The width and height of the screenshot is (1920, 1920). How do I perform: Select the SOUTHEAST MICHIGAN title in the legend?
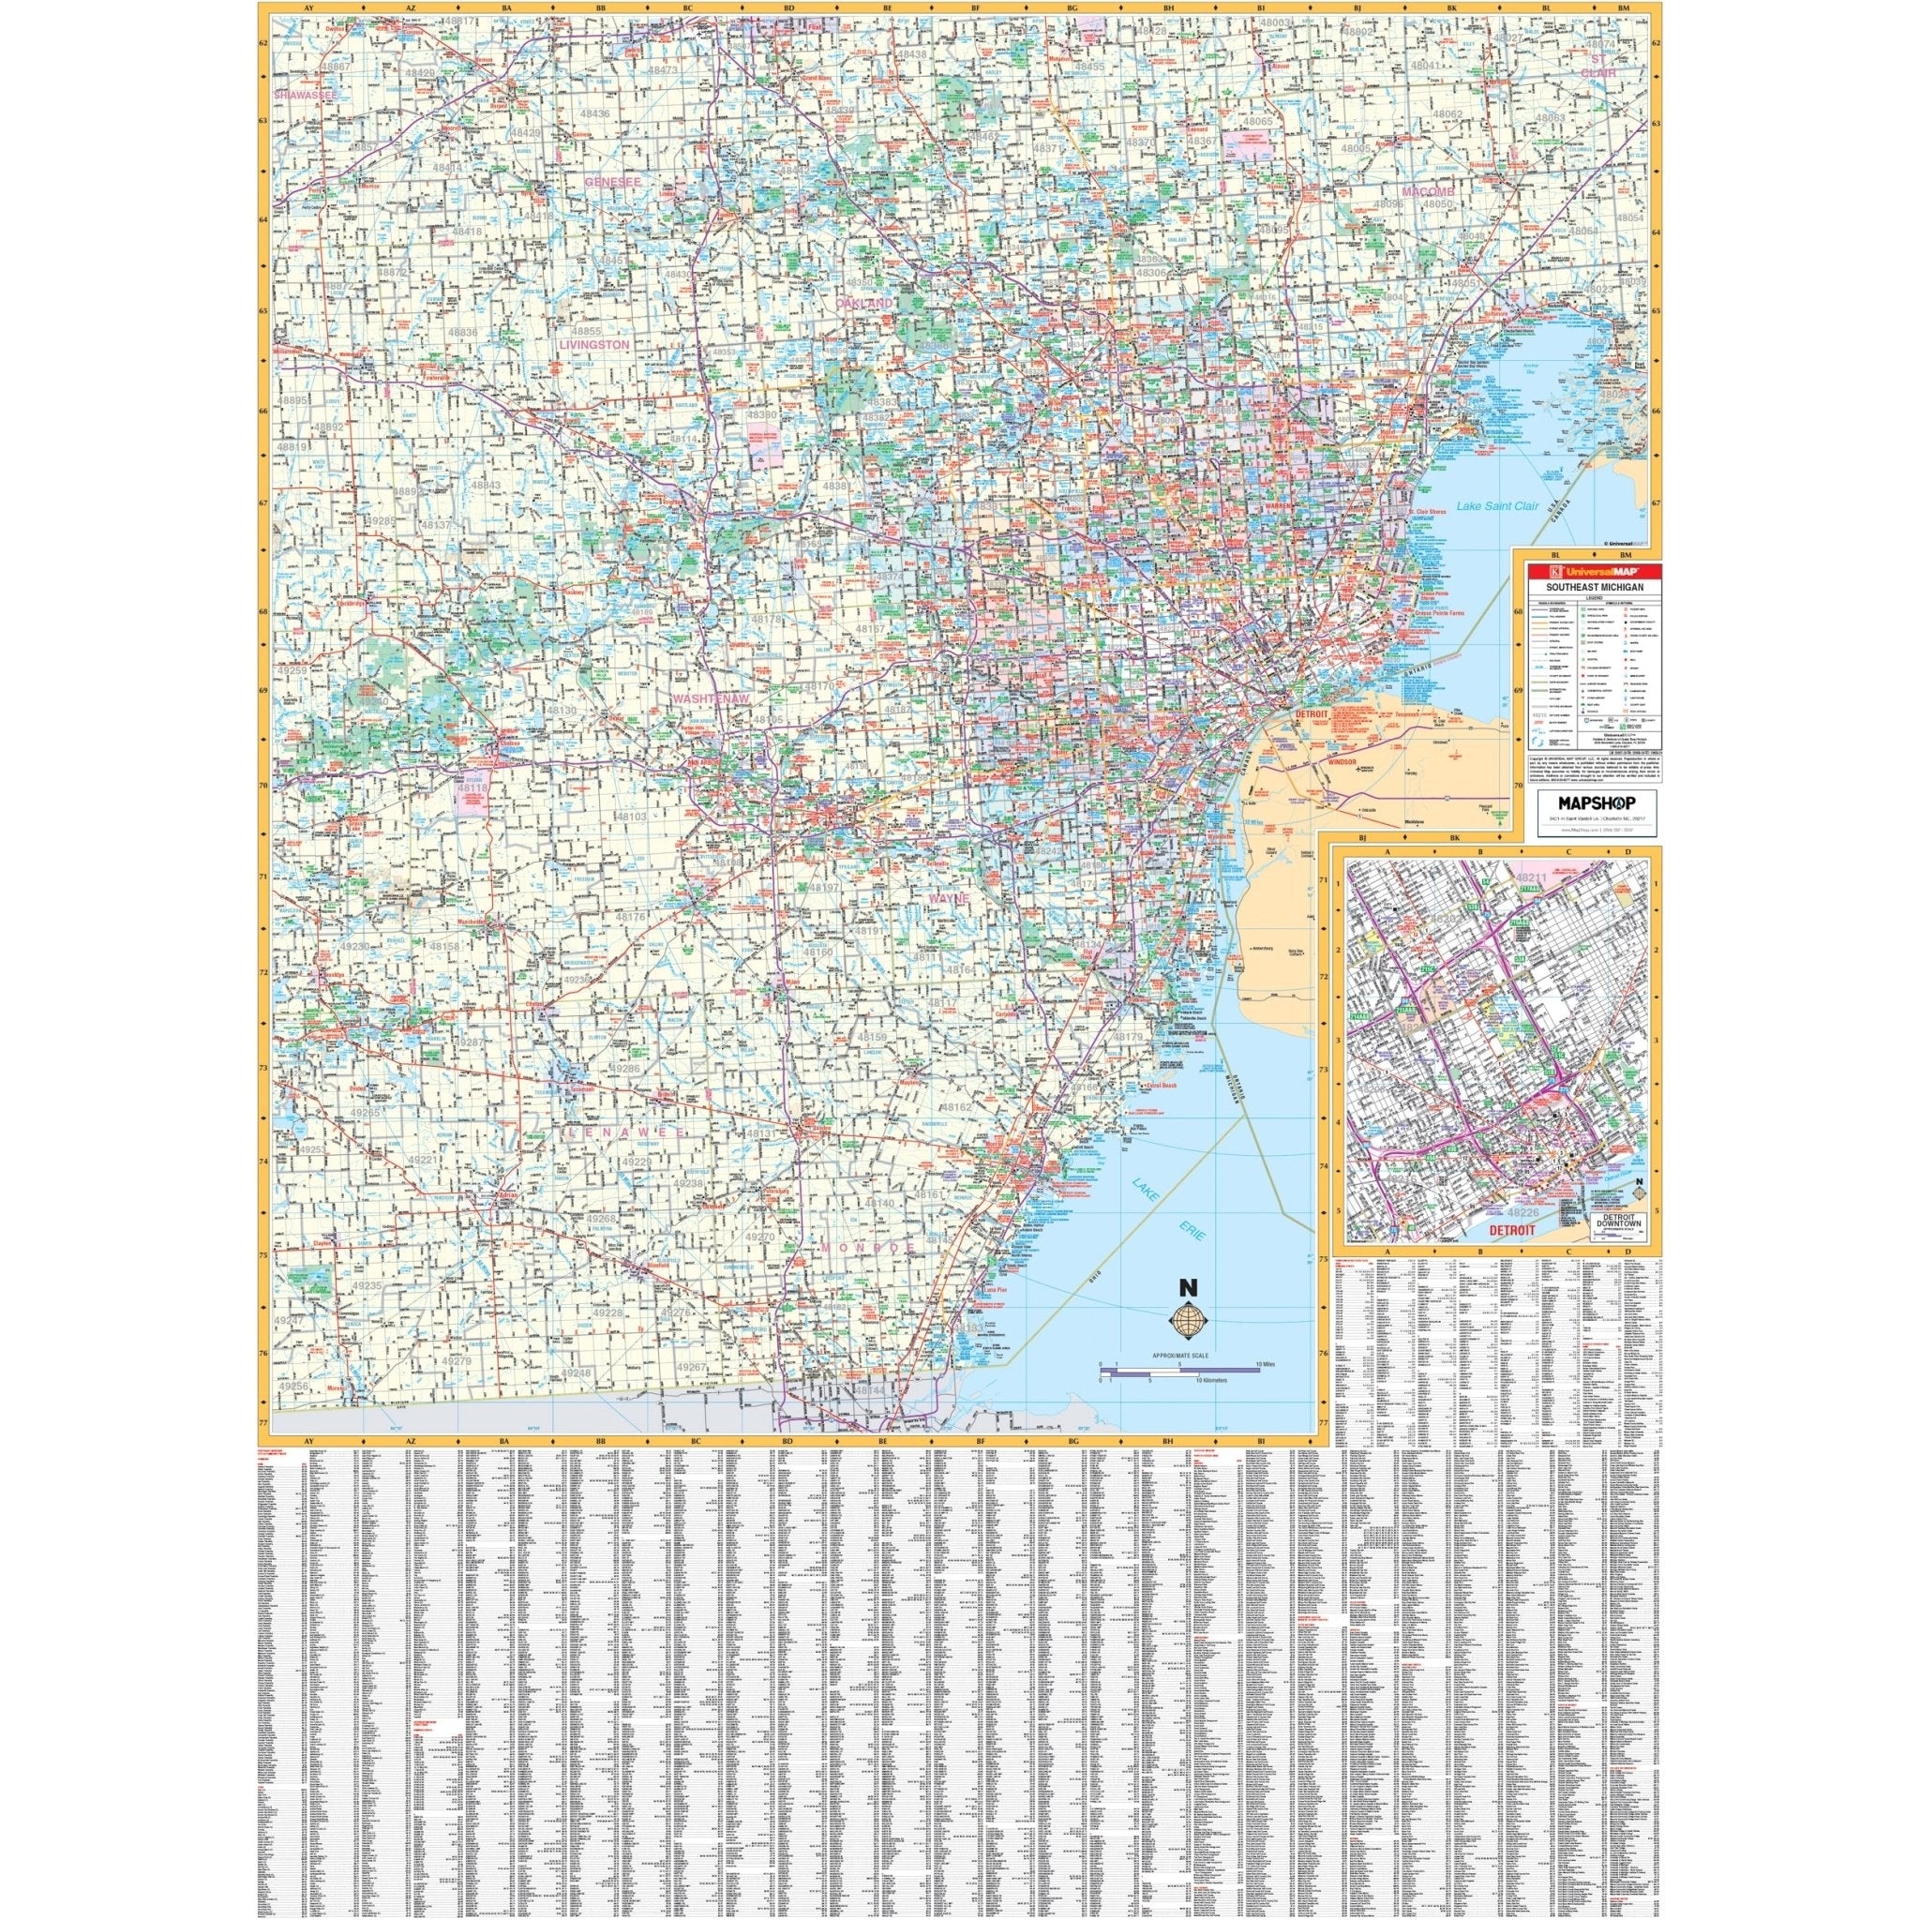(x=1587, y=587)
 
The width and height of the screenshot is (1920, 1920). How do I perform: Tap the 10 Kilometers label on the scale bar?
(x=1211, y=1381)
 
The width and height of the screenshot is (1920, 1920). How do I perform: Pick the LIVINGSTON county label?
(x=594, y=344)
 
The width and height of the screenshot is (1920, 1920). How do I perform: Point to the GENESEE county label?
(x=615, y=182)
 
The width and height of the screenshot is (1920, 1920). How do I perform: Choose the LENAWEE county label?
(x=623, y=1132)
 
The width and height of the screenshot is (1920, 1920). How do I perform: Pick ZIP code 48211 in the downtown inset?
(x=1533, y=876)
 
